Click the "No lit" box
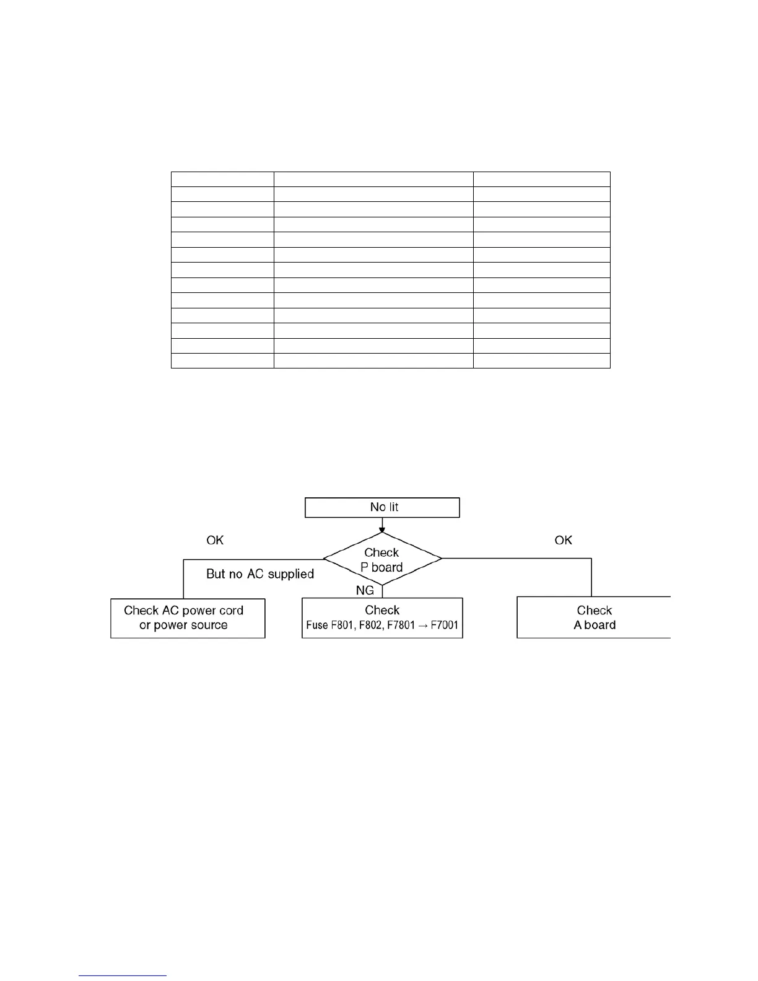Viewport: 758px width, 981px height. [382, 507]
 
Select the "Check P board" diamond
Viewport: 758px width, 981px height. [382, 559]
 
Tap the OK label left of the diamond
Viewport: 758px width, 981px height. [215, 541]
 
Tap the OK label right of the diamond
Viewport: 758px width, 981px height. [563, 541]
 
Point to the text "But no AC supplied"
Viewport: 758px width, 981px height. [260, 574]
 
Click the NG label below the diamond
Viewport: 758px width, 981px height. [365, 591]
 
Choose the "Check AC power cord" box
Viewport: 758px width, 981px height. [188, 618]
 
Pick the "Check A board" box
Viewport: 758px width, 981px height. [594, 617]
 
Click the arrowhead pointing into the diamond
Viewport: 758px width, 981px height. [382, 530]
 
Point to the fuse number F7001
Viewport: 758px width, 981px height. [445, 626]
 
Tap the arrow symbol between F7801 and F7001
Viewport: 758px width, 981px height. [424, 626]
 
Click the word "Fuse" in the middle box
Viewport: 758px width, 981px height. [316, 626]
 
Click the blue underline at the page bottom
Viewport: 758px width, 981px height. [123, 976]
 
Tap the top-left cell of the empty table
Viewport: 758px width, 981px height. [222, 180]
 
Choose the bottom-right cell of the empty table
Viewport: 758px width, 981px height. [541, 361]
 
